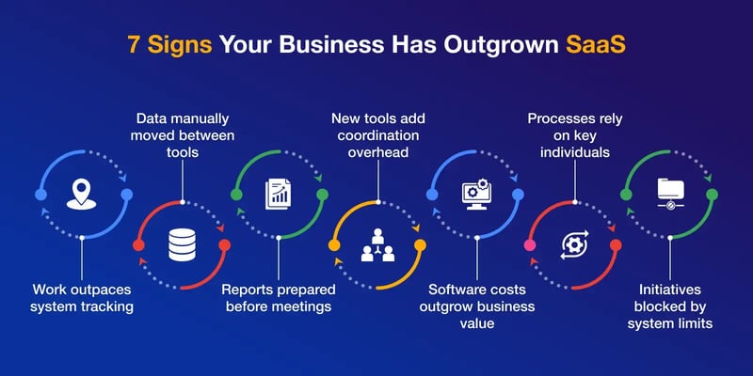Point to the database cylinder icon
[182, 246]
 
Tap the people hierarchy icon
[376, 246]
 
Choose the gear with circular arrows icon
[572, 246]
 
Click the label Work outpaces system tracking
[83, 298]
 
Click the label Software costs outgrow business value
[474, 306]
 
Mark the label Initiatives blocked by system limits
[669, 306]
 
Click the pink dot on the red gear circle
[529, 245]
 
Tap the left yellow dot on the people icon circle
[333, 245]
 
